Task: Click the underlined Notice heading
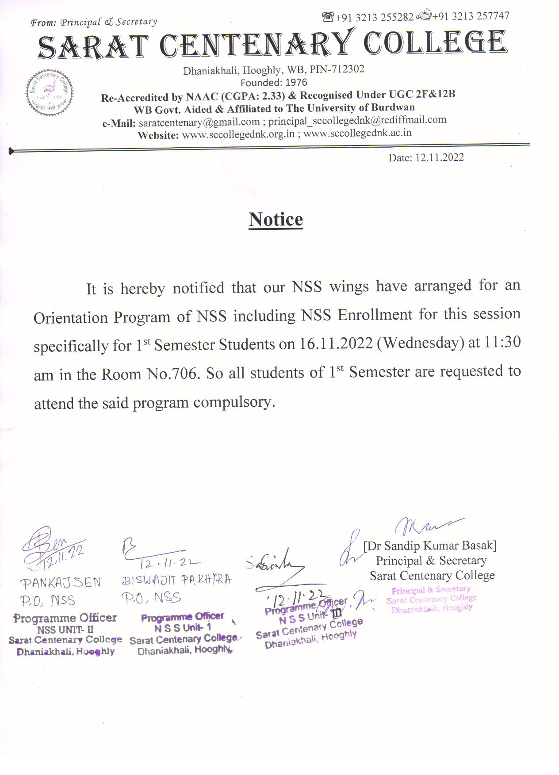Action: click(276, 219)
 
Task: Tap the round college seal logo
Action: click(49, 93)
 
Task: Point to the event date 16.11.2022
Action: click(336, 344)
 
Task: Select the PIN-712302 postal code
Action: click(337, 69)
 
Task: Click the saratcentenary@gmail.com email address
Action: click(199, 122)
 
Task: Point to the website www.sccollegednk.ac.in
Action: click(357, 133)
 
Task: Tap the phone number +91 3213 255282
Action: click(374, 17)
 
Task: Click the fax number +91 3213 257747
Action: click(471, 16)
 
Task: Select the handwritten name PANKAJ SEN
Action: click(61, 583)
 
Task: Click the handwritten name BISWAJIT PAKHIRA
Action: click(176, 580)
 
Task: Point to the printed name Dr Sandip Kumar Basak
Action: click(430, 546)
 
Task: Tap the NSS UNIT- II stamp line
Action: click(65, 630)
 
